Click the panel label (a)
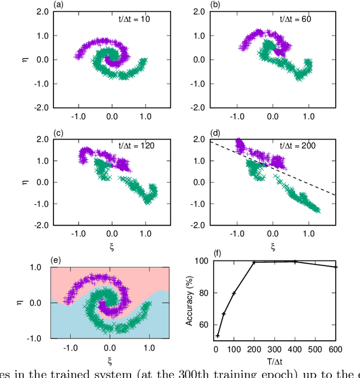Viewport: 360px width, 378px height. (58, 5)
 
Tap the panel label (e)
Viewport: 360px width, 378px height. (56, 260)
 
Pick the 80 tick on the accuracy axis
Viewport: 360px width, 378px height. (204, 293)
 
